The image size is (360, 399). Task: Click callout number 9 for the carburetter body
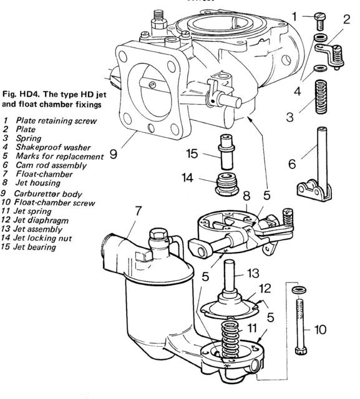114,151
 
